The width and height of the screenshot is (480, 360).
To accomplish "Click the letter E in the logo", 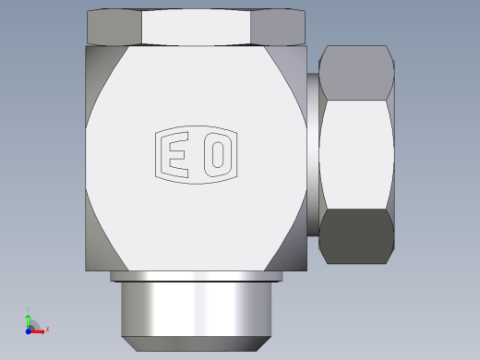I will (174, 153).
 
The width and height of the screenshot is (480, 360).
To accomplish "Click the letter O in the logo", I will (217, 153).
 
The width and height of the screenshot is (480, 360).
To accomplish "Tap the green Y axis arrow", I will (29, 317).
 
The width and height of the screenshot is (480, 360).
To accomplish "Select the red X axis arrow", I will (39, 330).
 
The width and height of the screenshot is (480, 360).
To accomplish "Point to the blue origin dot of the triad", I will (29, 330).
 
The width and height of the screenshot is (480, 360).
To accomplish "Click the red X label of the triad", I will (47, 329).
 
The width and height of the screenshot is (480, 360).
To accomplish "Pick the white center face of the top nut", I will (196, 27).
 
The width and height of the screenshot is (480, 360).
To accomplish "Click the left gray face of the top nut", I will (114, 27).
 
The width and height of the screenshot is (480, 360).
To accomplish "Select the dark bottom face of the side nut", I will (356, 236).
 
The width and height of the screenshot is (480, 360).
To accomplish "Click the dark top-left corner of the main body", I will (95, 65).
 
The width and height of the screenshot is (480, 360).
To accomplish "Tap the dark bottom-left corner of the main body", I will (95, 249).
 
